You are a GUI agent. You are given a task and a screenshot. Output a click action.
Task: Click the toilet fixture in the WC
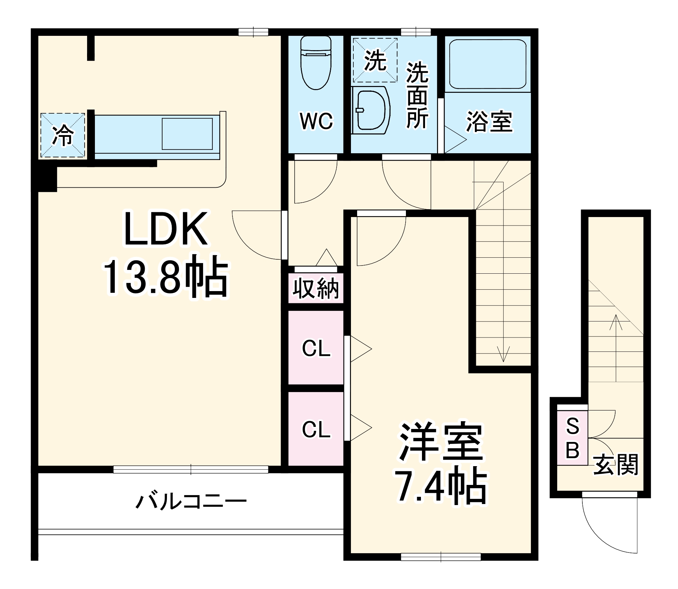316,63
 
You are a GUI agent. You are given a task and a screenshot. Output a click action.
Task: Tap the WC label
316,121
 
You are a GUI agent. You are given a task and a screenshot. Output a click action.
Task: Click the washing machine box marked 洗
375,60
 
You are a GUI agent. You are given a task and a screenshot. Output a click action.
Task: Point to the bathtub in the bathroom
488,64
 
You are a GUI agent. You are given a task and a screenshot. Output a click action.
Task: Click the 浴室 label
489,122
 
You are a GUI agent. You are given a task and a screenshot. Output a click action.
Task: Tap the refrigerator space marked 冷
63,135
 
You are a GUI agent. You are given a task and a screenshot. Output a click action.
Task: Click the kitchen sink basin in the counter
187,134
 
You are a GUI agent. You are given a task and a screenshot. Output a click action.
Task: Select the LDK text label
166,228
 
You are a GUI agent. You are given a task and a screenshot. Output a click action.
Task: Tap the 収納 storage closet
316,288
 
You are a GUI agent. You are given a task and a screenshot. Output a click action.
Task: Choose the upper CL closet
316,348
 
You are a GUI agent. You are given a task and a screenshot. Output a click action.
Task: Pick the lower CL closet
316,429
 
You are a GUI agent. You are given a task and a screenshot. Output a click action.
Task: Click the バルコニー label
191,501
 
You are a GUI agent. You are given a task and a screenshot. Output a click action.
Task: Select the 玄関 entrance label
616,464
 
